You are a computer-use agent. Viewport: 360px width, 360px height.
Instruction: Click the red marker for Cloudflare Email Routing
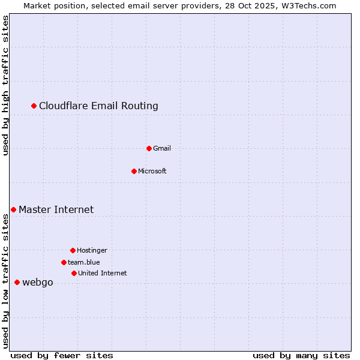coord(34,106)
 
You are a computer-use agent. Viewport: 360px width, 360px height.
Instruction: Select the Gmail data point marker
coord(149,148)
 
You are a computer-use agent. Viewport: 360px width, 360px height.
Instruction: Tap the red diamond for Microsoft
coord(134,171)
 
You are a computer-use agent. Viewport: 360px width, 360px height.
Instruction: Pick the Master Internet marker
coord(13,209)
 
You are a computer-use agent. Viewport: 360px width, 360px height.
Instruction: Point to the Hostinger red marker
coord(73,250)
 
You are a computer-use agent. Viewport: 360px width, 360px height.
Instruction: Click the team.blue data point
coord(64,262)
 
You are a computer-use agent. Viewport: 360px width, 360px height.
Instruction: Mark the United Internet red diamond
coord(74,273)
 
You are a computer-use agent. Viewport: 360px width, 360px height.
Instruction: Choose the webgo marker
coord(17,282)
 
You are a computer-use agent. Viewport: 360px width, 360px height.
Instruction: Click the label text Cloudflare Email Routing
coord(98,106)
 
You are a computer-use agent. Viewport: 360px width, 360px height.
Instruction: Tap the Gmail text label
coord(162,148)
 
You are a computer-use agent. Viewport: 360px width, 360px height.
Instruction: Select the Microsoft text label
coord(152,171)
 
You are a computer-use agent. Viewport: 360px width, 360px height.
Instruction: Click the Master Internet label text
coord(56,209)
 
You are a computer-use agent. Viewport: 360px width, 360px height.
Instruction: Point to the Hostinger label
coord(92,250)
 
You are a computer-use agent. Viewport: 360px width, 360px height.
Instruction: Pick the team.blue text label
coord(84,262)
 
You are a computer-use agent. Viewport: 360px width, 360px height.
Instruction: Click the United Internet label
coord(102,273)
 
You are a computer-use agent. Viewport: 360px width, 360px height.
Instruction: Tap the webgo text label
coord(37,282)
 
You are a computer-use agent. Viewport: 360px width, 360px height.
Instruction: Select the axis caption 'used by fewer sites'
coord(62,355)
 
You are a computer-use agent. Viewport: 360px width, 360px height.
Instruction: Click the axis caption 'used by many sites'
coord(301,355)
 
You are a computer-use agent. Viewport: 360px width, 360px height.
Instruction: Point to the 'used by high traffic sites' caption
coord(5,85)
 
